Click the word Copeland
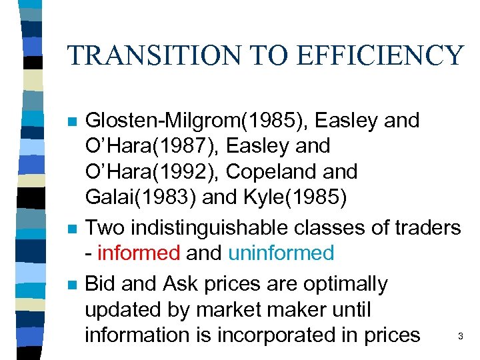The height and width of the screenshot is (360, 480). (267, 171)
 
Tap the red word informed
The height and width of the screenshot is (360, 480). (139, 253)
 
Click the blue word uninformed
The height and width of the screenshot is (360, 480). (281, 253)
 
